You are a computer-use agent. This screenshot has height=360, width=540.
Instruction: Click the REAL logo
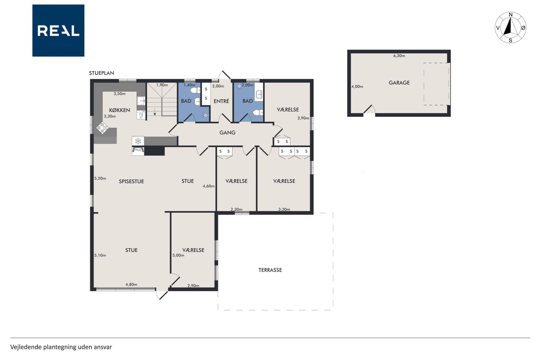58,31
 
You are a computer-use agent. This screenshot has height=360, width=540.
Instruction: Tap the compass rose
510,27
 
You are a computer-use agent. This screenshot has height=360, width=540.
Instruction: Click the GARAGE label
399,83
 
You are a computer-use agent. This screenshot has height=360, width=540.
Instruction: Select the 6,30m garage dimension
399,56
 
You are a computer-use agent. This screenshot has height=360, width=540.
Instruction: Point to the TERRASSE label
270,270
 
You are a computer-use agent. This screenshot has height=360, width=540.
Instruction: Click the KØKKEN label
119,110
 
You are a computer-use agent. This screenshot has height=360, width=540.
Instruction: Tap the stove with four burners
103,128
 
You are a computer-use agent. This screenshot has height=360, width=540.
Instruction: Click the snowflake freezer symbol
138,141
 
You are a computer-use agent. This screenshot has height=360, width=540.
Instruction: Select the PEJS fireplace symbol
138,151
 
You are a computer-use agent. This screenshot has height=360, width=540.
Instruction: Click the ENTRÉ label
221,101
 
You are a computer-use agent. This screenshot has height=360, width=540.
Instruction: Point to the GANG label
227,133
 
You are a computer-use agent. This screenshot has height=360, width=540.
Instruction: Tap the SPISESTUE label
131,181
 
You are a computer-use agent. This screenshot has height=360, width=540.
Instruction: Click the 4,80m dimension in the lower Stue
131,284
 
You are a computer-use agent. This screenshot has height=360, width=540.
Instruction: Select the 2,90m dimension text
193,286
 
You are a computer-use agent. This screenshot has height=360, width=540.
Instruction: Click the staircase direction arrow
155,112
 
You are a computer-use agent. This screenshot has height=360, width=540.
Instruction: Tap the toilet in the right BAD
257,113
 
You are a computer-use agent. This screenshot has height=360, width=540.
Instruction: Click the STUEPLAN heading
102,73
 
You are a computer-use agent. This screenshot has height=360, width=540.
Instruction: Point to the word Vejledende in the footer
26,347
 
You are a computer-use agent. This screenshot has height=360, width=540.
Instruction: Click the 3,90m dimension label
303,118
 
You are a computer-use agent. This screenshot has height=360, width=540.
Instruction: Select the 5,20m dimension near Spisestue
100,179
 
